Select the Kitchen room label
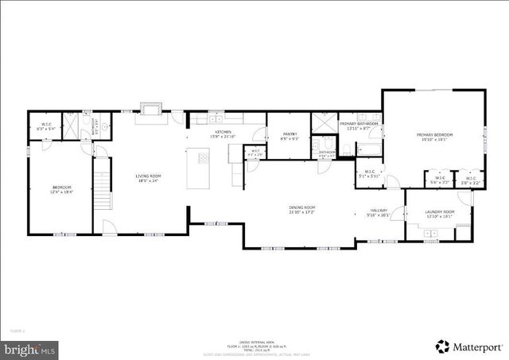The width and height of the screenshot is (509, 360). click(223, 134)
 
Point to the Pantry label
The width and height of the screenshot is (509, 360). click(289, 136)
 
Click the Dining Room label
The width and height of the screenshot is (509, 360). click(301, 210)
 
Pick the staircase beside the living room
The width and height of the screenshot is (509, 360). click(102, 184)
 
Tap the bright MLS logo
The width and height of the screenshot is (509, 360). click(30, 348)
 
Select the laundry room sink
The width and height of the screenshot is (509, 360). click(431, 234)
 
